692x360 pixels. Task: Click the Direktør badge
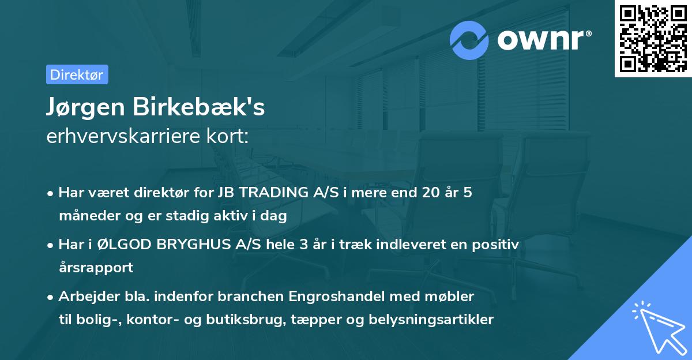[77, 74]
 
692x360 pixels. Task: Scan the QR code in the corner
[653, 38]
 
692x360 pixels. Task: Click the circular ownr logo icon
[469, 40]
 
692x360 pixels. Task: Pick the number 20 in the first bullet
[430, 193]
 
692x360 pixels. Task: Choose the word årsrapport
[96, 268]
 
